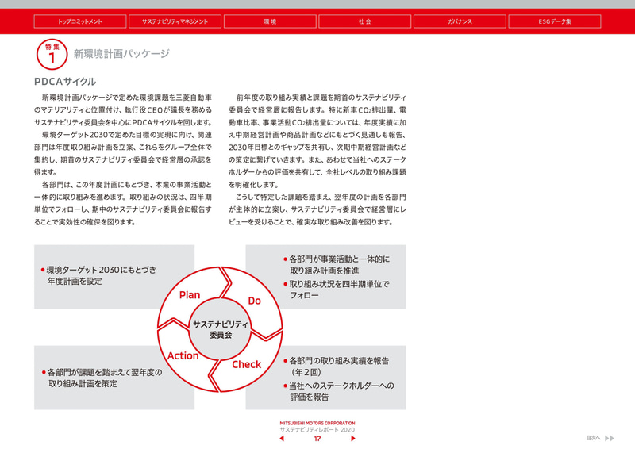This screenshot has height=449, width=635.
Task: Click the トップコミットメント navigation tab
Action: pyautogui.click(x=80, y=21)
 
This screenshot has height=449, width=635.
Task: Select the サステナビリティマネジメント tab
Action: pyautogui.click(x=175, y=21)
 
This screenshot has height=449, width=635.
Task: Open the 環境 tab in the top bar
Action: pyautogui.click(x=270, y=21)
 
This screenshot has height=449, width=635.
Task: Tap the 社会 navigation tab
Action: pyautogui.click(x=364, y=21)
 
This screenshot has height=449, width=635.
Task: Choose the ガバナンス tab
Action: pyautogui.click(x=460, y=21)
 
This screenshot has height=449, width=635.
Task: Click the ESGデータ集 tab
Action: pyautogui.click(x=554, y=21)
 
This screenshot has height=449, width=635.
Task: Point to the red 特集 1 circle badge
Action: pyautogui.click(x=52, y=56)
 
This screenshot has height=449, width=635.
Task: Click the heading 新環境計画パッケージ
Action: pyautogui.click(x=121, y=55)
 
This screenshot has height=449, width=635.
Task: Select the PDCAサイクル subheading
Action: pyautogui.click(x=65, y=82)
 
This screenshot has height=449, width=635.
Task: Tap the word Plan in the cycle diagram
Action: pyautogui.click(x=190, y=295)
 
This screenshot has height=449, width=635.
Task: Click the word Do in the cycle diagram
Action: pyautogui.click(x=255, y=301)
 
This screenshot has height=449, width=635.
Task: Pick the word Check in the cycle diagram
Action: pyautogui.click(x=246, y=365)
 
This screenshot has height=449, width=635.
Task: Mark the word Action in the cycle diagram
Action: pyautogui.click(x=183, y=356)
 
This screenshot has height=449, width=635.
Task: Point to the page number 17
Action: pyautogui.click(x=317, y=439)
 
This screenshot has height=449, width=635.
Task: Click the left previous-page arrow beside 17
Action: pyautogui.click(x=282, y=439)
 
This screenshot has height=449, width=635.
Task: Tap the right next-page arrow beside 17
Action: pyautogui.click(x=353, y=439)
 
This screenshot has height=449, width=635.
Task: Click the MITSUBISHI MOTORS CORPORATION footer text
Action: pyautogui.click(x=317, y=423)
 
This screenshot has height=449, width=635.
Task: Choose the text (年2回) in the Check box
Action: pyautogui.click(x=306, y=373)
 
